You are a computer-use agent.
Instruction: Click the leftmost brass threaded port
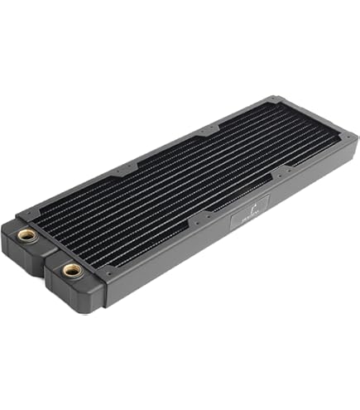coord(27,235)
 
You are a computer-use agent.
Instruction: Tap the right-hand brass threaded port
coord(70,269)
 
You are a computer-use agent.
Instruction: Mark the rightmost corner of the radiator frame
coord(354,133)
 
